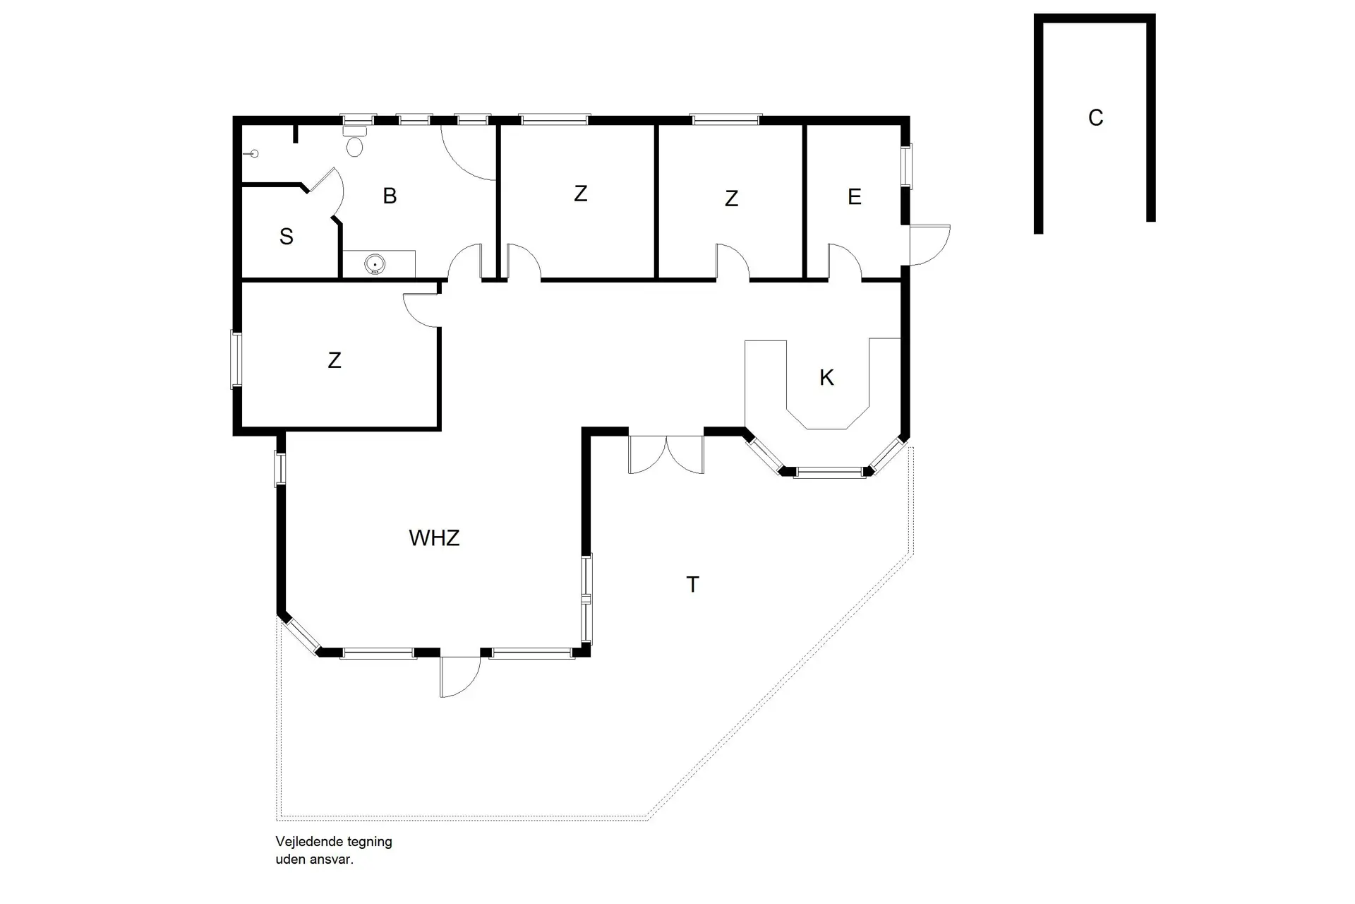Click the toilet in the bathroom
(x=355, y=143)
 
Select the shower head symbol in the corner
(x=254, y=154)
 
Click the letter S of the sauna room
(x=286, y=237)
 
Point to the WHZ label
(x=434, y=538)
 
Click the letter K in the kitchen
(x=826, y=378)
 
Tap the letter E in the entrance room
(x=854, y=197)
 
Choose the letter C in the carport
(x=1095, y=118)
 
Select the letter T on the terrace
(x=692, y=585)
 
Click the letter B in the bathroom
(x=390, y=196)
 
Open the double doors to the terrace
(x=666, y=454)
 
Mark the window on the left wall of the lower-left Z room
(x=236, y=359)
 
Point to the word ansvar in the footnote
(x=334, y=860)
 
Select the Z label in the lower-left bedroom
(x=335, y=361)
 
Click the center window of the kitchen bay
(x=829, y=472)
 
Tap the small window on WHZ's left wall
(x=280, y=469)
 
